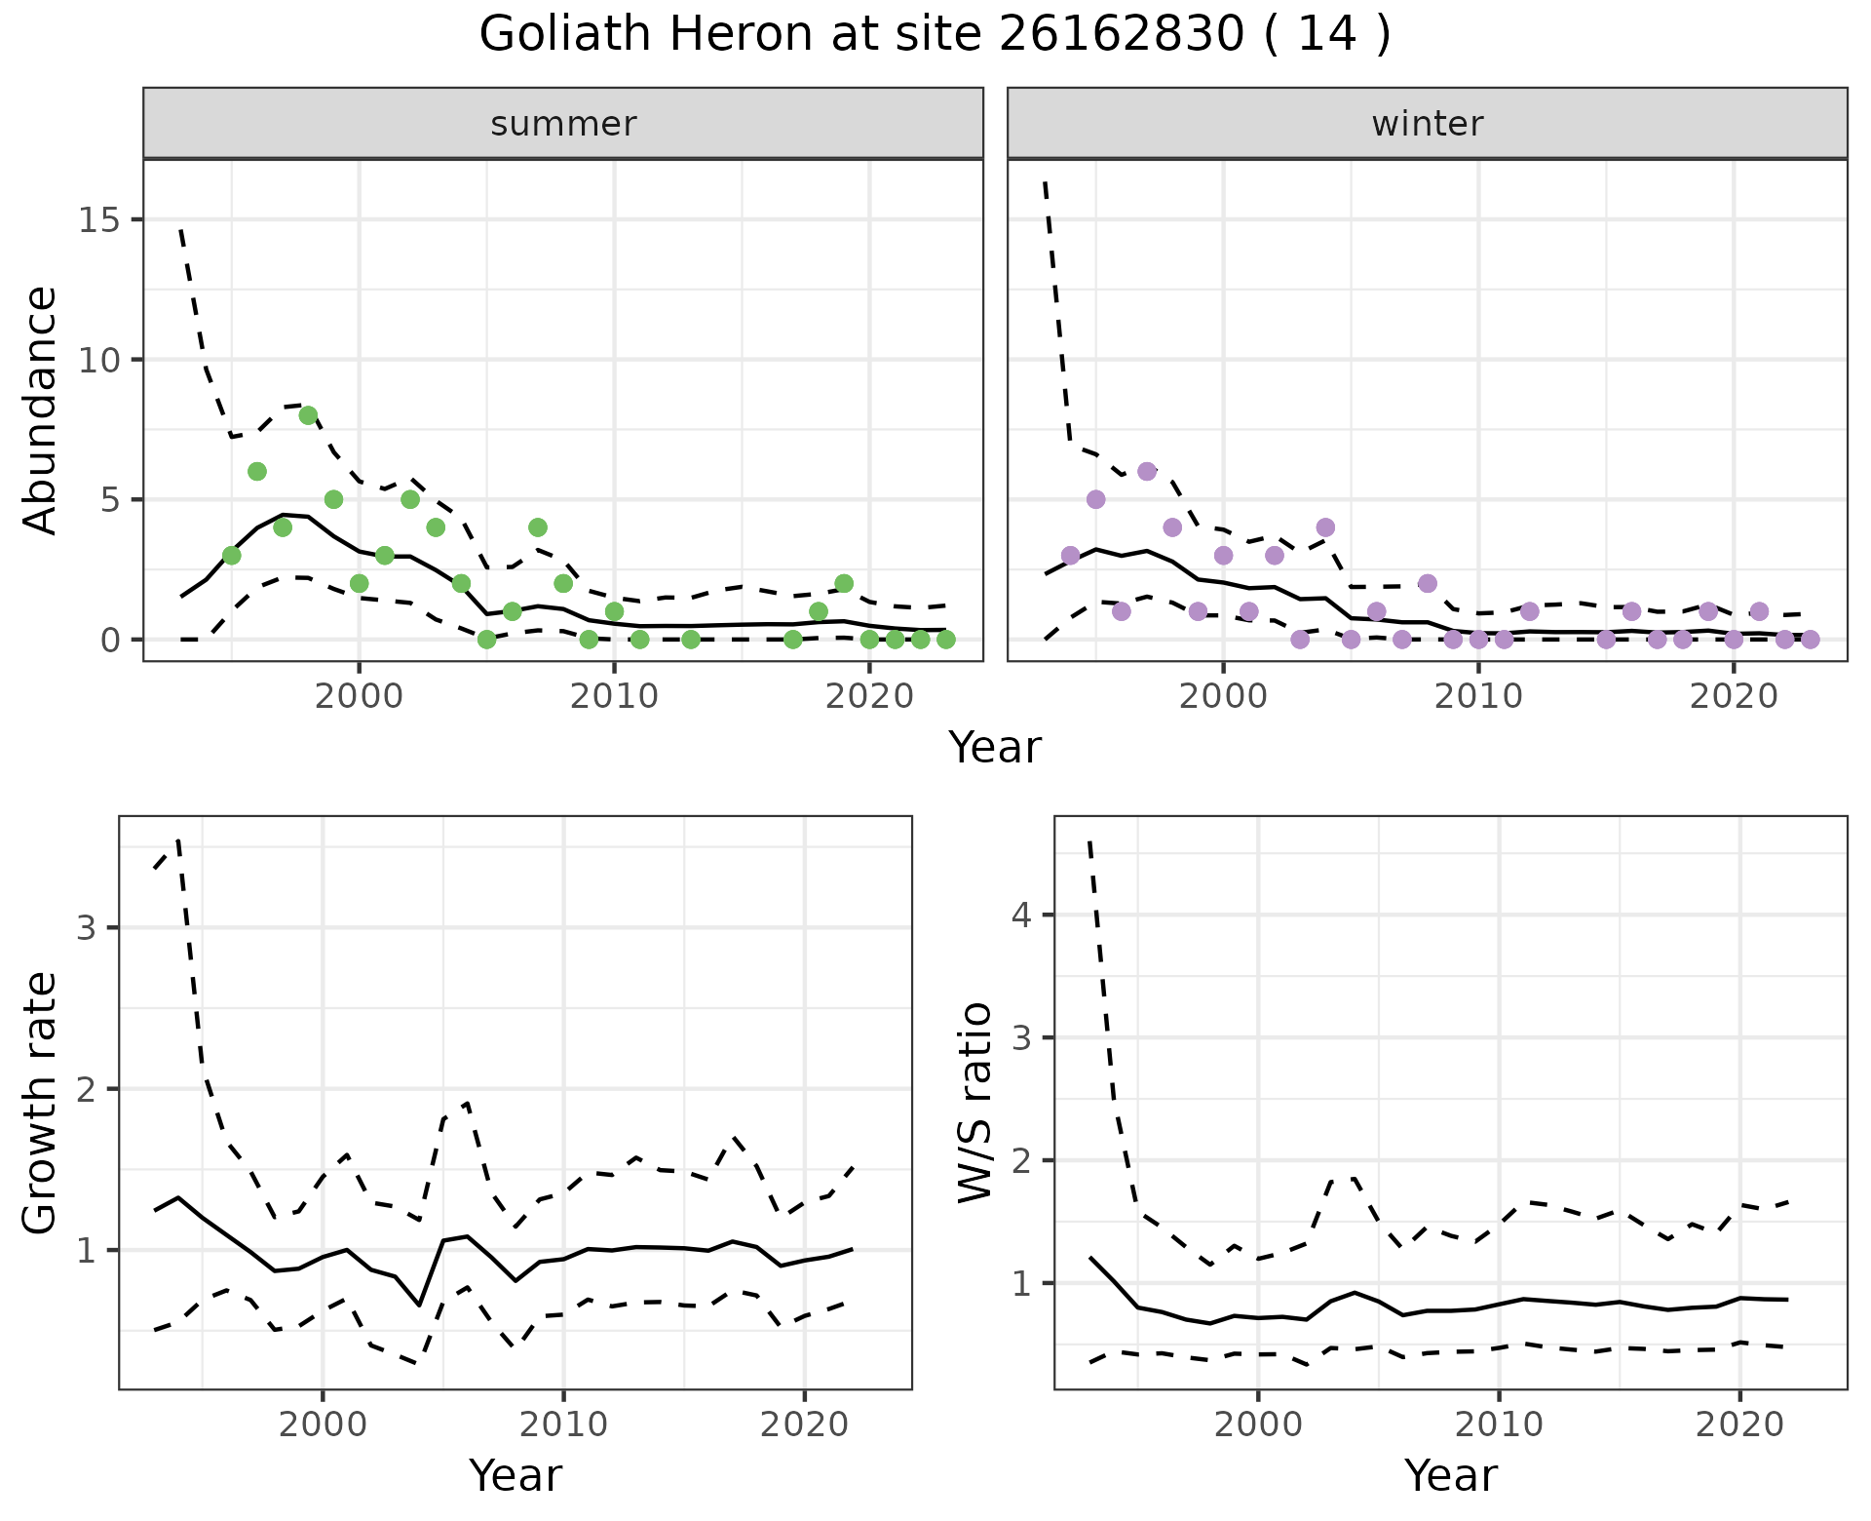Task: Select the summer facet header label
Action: [563, 124]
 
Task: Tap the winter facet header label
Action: [1427, 124]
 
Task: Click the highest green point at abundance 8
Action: [308, 415]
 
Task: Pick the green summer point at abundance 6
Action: [257, 471]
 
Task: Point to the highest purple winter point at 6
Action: [1147, 471]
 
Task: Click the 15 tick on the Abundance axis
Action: [101, 220]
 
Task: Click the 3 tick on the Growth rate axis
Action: [86, 927]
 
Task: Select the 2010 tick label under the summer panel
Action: [614, 697]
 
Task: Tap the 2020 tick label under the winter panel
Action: [1734, 697]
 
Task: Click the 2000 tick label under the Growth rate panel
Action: [323, 1424]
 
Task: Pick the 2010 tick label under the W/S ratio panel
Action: [1499, 1424]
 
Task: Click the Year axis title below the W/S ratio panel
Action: [1450, 1476]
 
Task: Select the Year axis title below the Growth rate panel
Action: [515, 1476]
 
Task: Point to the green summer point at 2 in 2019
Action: [844, 583]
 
